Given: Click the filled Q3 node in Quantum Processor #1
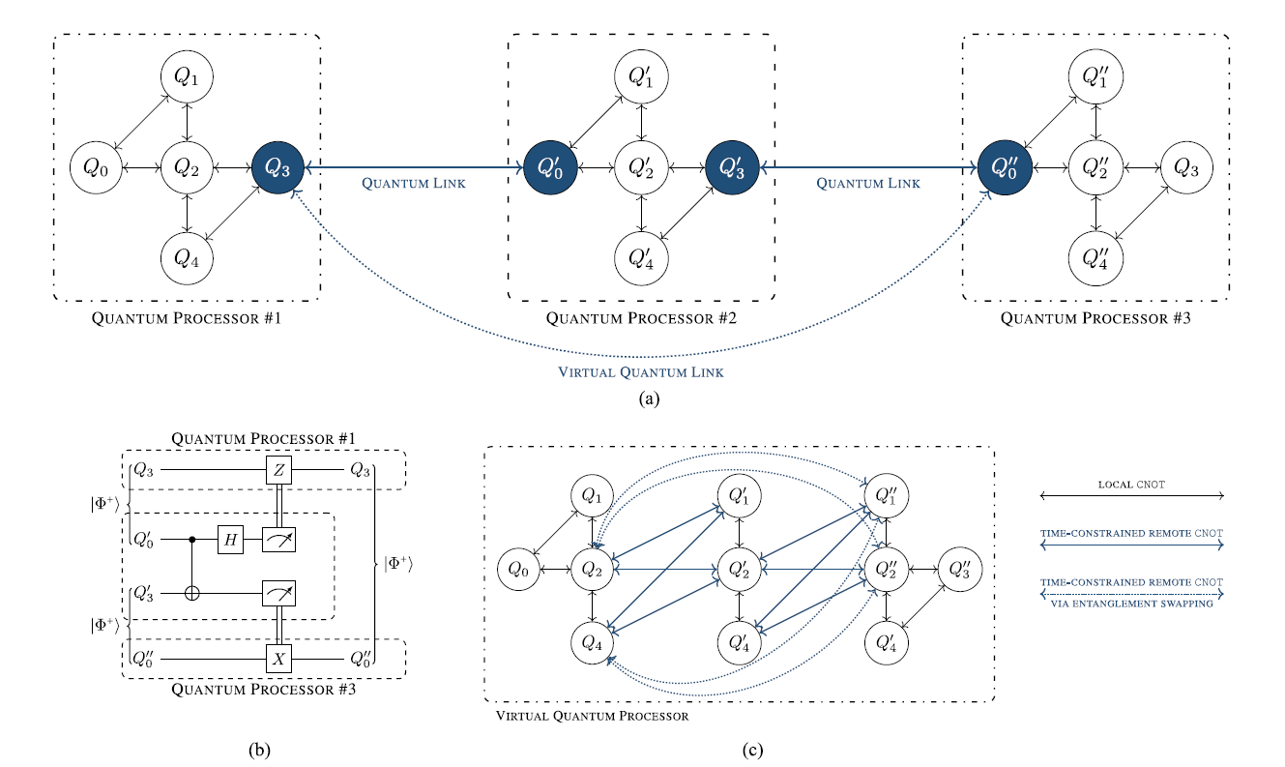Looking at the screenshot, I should tap(277, 167).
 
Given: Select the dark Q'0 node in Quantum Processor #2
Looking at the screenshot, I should tap(550, 167).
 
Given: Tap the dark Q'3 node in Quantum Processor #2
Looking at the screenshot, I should tap(732, 167).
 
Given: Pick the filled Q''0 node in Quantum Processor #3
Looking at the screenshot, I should tap(1005, 167).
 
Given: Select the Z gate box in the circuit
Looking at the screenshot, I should tap(277, 470).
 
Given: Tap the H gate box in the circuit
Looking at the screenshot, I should tap(230, 540).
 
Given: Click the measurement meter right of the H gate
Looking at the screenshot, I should tap(277, 540).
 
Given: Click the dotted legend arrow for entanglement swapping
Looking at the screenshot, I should tap(1130, 594).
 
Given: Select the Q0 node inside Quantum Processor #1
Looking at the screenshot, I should tap(96, 167).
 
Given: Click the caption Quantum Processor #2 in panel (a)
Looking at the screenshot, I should tap(640, 317).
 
